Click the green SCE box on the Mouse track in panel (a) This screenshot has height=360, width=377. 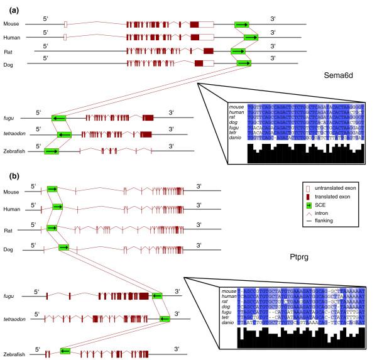click(243, 24)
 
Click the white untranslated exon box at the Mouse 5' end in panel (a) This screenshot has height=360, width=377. click(65, 24)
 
